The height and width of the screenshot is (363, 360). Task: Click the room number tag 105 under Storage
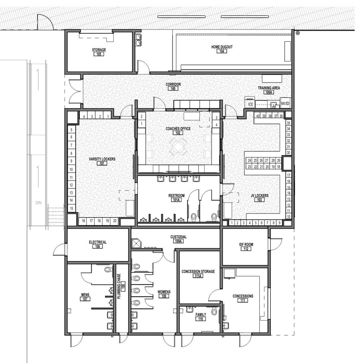pyautogui.click(x=99, y=54)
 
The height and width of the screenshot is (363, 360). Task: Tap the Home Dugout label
pyautogui.click(x=222, y=47)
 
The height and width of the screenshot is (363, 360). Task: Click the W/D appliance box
pyautogui.click(x=285, y=103)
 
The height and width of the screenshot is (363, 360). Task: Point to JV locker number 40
pyautogui.click(x=258, y=116)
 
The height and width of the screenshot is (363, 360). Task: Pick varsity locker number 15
pyautogui.click(x=71, y=208)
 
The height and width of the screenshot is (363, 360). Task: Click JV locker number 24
pyautogui.click(x=249, y=160)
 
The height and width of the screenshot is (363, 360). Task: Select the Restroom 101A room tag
pyautogui.click(x=176, y=200)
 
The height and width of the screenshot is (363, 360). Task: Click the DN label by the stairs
pyautogui.click(x=38, y=203)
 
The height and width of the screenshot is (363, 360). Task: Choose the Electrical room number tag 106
pyautogui.click(x=97, y=247)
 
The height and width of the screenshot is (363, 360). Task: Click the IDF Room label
pyautogui.click(x=246, y=244)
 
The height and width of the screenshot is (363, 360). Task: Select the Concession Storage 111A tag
pyautogui.click(x=198, y=276)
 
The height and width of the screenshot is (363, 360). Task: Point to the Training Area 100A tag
pyautogui.click(x=269, y=92)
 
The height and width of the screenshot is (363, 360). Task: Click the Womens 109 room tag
pyautogui.click(x=164, y=296)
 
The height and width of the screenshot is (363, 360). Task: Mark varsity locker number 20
pyautogui.click(x=115, y=221)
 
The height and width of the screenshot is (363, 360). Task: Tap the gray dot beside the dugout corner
pyautogui.click(x=298, y=33)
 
